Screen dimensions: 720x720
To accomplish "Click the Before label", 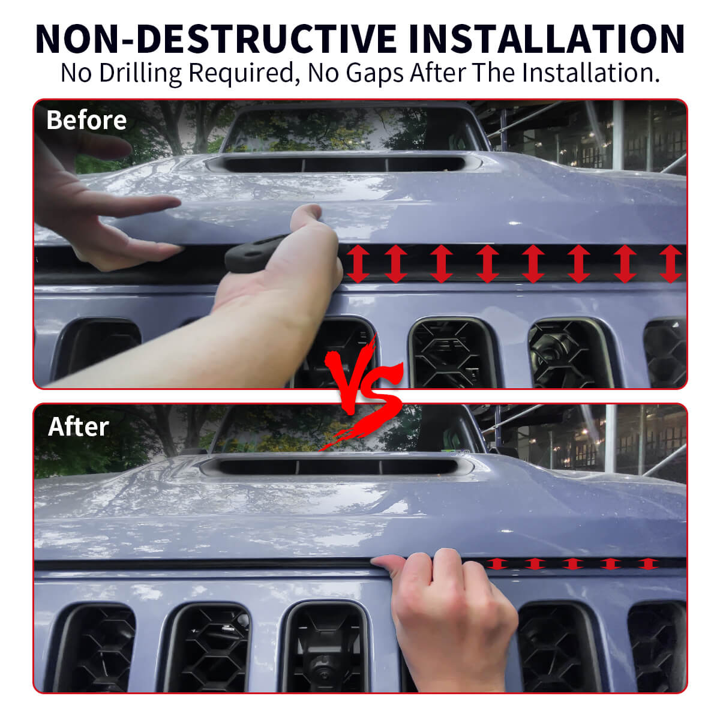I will [x=86, y=120].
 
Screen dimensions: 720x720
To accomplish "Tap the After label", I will [x=78, y=427].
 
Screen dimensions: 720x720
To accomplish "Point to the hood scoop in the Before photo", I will [x=336, y=163].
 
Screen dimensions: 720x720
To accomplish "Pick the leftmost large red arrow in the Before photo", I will [x=358, y=263].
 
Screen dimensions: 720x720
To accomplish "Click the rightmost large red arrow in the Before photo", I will [x=670, y=263].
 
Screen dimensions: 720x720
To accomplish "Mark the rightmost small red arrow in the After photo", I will [x=648, y=563].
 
